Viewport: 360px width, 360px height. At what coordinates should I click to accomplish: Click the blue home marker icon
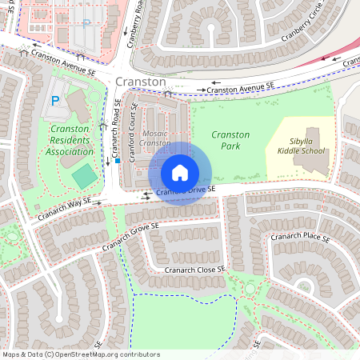(180, 173)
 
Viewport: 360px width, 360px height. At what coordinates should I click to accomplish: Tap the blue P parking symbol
(55, 101)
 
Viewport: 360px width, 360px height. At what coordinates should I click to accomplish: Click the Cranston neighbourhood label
(141, 82)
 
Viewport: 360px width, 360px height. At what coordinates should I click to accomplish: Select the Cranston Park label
(231, 141)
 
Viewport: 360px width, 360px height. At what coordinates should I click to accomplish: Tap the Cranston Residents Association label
(70, 140)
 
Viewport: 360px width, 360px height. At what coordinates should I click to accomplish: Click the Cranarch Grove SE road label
(131, 238)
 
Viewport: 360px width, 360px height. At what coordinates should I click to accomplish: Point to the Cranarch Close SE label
(195, 270)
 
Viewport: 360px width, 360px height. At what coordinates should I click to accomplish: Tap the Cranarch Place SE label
(300, 238)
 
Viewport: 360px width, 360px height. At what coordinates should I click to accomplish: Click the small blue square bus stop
(118, 161)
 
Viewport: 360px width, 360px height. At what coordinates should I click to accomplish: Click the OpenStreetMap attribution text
(81, 354)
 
